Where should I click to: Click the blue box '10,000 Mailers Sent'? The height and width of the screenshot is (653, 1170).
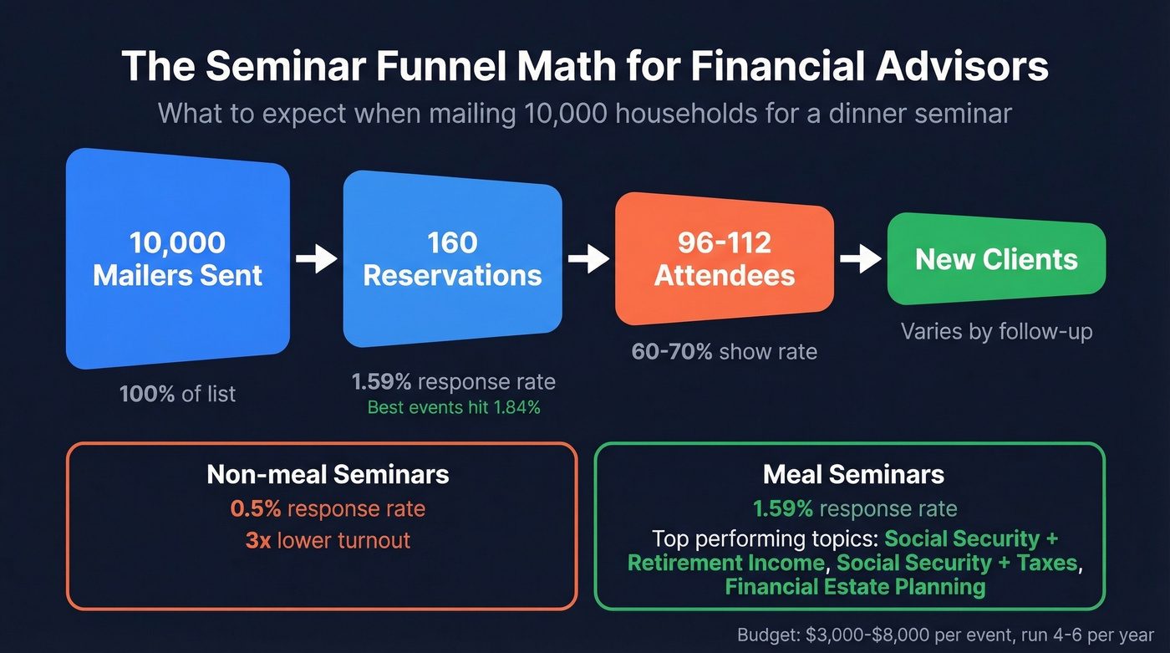tap(178, 258)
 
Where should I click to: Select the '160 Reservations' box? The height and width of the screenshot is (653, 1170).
tap(452, 258)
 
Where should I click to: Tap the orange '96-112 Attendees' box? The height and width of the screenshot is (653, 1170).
tap(724, 258)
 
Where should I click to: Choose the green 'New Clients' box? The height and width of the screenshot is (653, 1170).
tap(996, 259)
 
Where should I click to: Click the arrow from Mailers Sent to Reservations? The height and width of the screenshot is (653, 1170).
tap(317, 259)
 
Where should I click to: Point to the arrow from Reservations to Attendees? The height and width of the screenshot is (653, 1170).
tap(589, 259)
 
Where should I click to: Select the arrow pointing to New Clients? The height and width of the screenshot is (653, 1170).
tap(860, 259)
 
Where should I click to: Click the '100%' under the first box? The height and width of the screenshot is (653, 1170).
tap(147, 394)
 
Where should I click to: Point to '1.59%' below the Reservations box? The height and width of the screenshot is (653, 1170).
tap(381, 382)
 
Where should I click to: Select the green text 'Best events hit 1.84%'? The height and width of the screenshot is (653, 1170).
tap(454, 408)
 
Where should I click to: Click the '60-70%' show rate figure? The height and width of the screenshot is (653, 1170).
tap(672, 351)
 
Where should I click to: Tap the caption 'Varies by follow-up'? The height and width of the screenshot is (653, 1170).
tap(996, 332)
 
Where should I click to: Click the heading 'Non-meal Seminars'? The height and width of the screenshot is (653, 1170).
tap(328, 475)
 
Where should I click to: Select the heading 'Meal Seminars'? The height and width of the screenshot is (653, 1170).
tap(853, 475)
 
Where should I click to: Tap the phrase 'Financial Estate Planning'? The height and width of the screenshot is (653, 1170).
tap(855, 587)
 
